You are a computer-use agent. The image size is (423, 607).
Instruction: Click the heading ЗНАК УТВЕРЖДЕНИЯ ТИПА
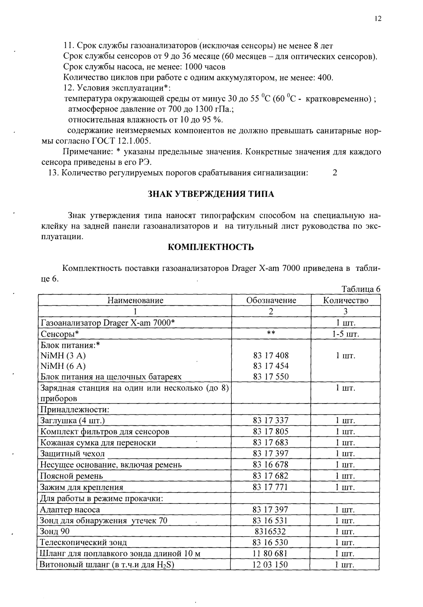coord(211,194)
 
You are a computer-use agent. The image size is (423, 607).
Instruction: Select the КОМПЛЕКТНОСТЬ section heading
coord(211,247)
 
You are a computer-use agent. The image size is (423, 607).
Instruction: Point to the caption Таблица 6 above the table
coord(360,289)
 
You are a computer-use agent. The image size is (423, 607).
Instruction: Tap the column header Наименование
coord(135,300)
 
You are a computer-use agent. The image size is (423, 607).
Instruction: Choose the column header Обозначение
coord(271,300)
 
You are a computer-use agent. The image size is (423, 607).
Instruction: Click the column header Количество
coord(345,300)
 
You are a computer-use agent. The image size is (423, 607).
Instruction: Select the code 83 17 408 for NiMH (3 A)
coord(271,355)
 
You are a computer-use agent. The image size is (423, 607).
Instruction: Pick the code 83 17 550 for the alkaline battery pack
coord(271,377)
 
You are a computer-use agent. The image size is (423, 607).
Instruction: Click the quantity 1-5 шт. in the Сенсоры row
coord(345,334)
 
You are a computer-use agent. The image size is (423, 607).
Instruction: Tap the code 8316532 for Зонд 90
coord(271,532)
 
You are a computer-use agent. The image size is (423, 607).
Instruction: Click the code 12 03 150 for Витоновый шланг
coord(271,564)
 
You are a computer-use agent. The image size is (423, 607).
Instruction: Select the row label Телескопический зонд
coord(83,542)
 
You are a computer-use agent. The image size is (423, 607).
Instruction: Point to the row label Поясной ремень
coord(72,476)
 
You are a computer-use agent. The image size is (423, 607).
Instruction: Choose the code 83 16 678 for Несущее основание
coord(271,465)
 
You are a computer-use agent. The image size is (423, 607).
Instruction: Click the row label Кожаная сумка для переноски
coord(98,442)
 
